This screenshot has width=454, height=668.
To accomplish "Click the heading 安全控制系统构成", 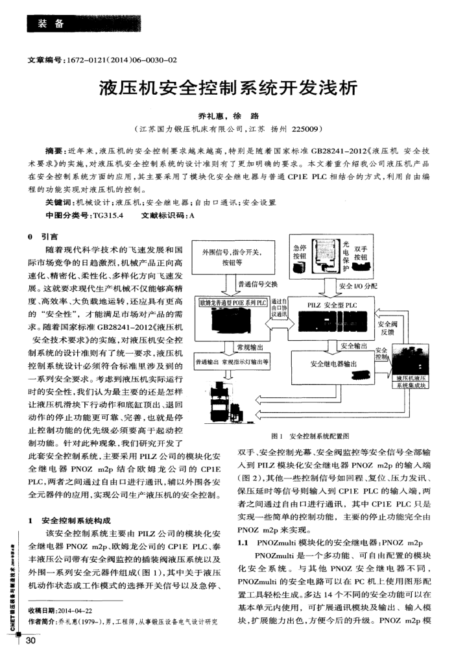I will coord(77,521).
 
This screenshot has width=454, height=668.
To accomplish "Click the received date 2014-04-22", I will coord(77,610).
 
